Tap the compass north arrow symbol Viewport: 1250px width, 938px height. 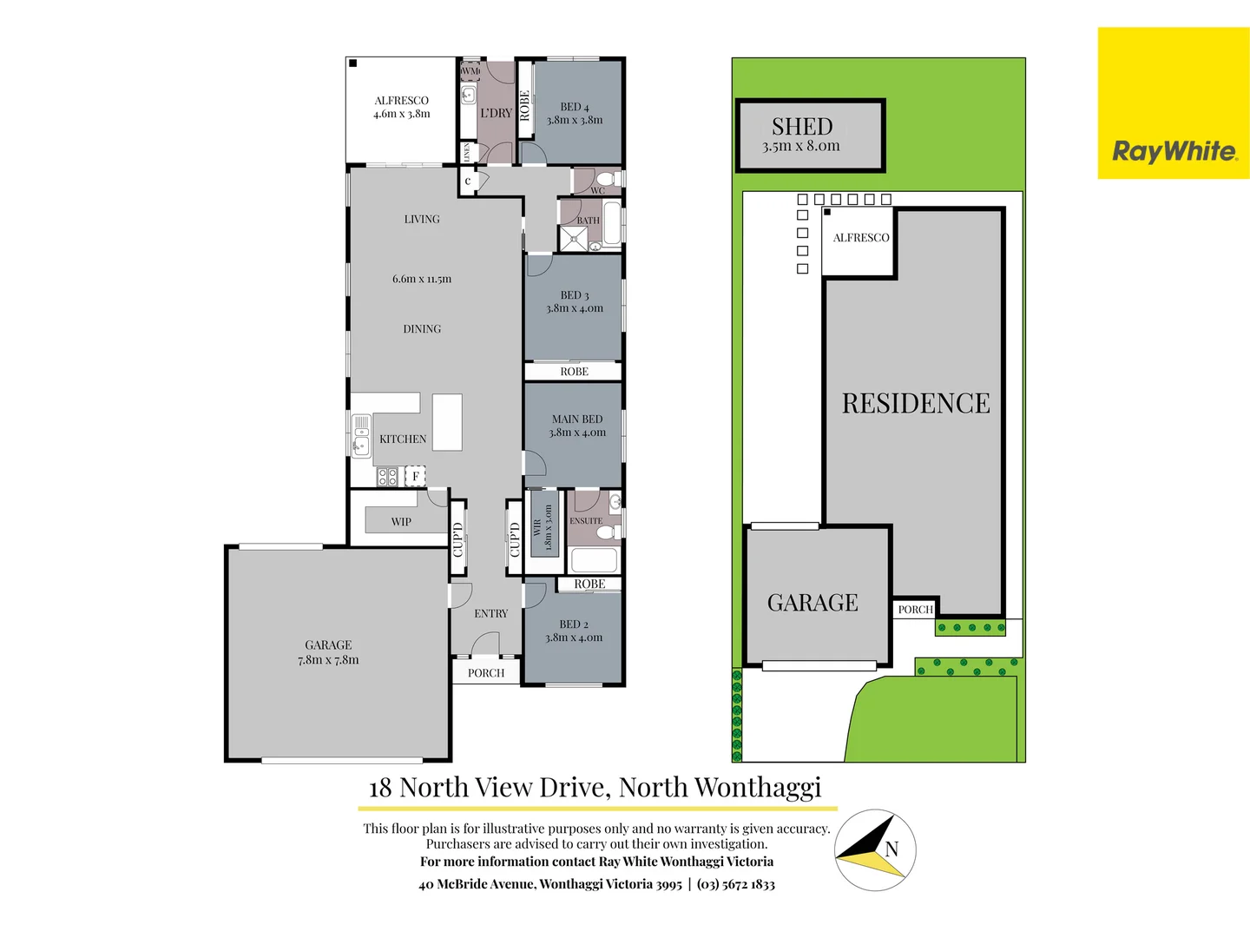(875, 850)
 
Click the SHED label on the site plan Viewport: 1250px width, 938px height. (802, 127)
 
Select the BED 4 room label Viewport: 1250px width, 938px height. (575, 107)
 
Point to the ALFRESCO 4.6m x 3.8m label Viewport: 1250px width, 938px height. (402, 107)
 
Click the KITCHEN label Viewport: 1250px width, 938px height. (403, 439)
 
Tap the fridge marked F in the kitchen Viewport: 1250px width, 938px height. (416, 476)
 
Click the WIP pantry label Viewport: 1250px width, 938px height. (401, 522)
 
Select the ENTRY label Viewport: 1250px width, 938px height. (491, 614)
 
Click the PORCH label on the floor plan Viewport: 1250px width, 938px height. (486, 673)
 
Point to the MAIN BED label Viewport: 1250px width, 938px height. (577, 419)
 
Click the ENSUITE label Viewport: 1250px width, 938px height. (586, 521)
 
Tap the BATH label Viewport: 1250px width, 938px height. (589, 221)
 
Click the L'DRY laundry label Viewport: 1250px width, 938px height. (496, 113)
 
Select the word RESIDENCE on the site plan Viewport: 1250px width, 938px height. (916, 404)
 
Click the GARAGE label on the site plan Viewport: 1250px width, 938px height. (812, 603)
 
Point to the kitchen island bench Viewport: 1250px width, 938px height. (447, 422)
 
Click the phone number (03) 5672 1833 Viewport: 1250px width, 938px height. (736, 884)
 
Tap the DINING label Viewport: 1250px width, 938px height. (422, 329)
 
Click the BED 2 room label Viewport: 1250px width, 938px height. (574, 624)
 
